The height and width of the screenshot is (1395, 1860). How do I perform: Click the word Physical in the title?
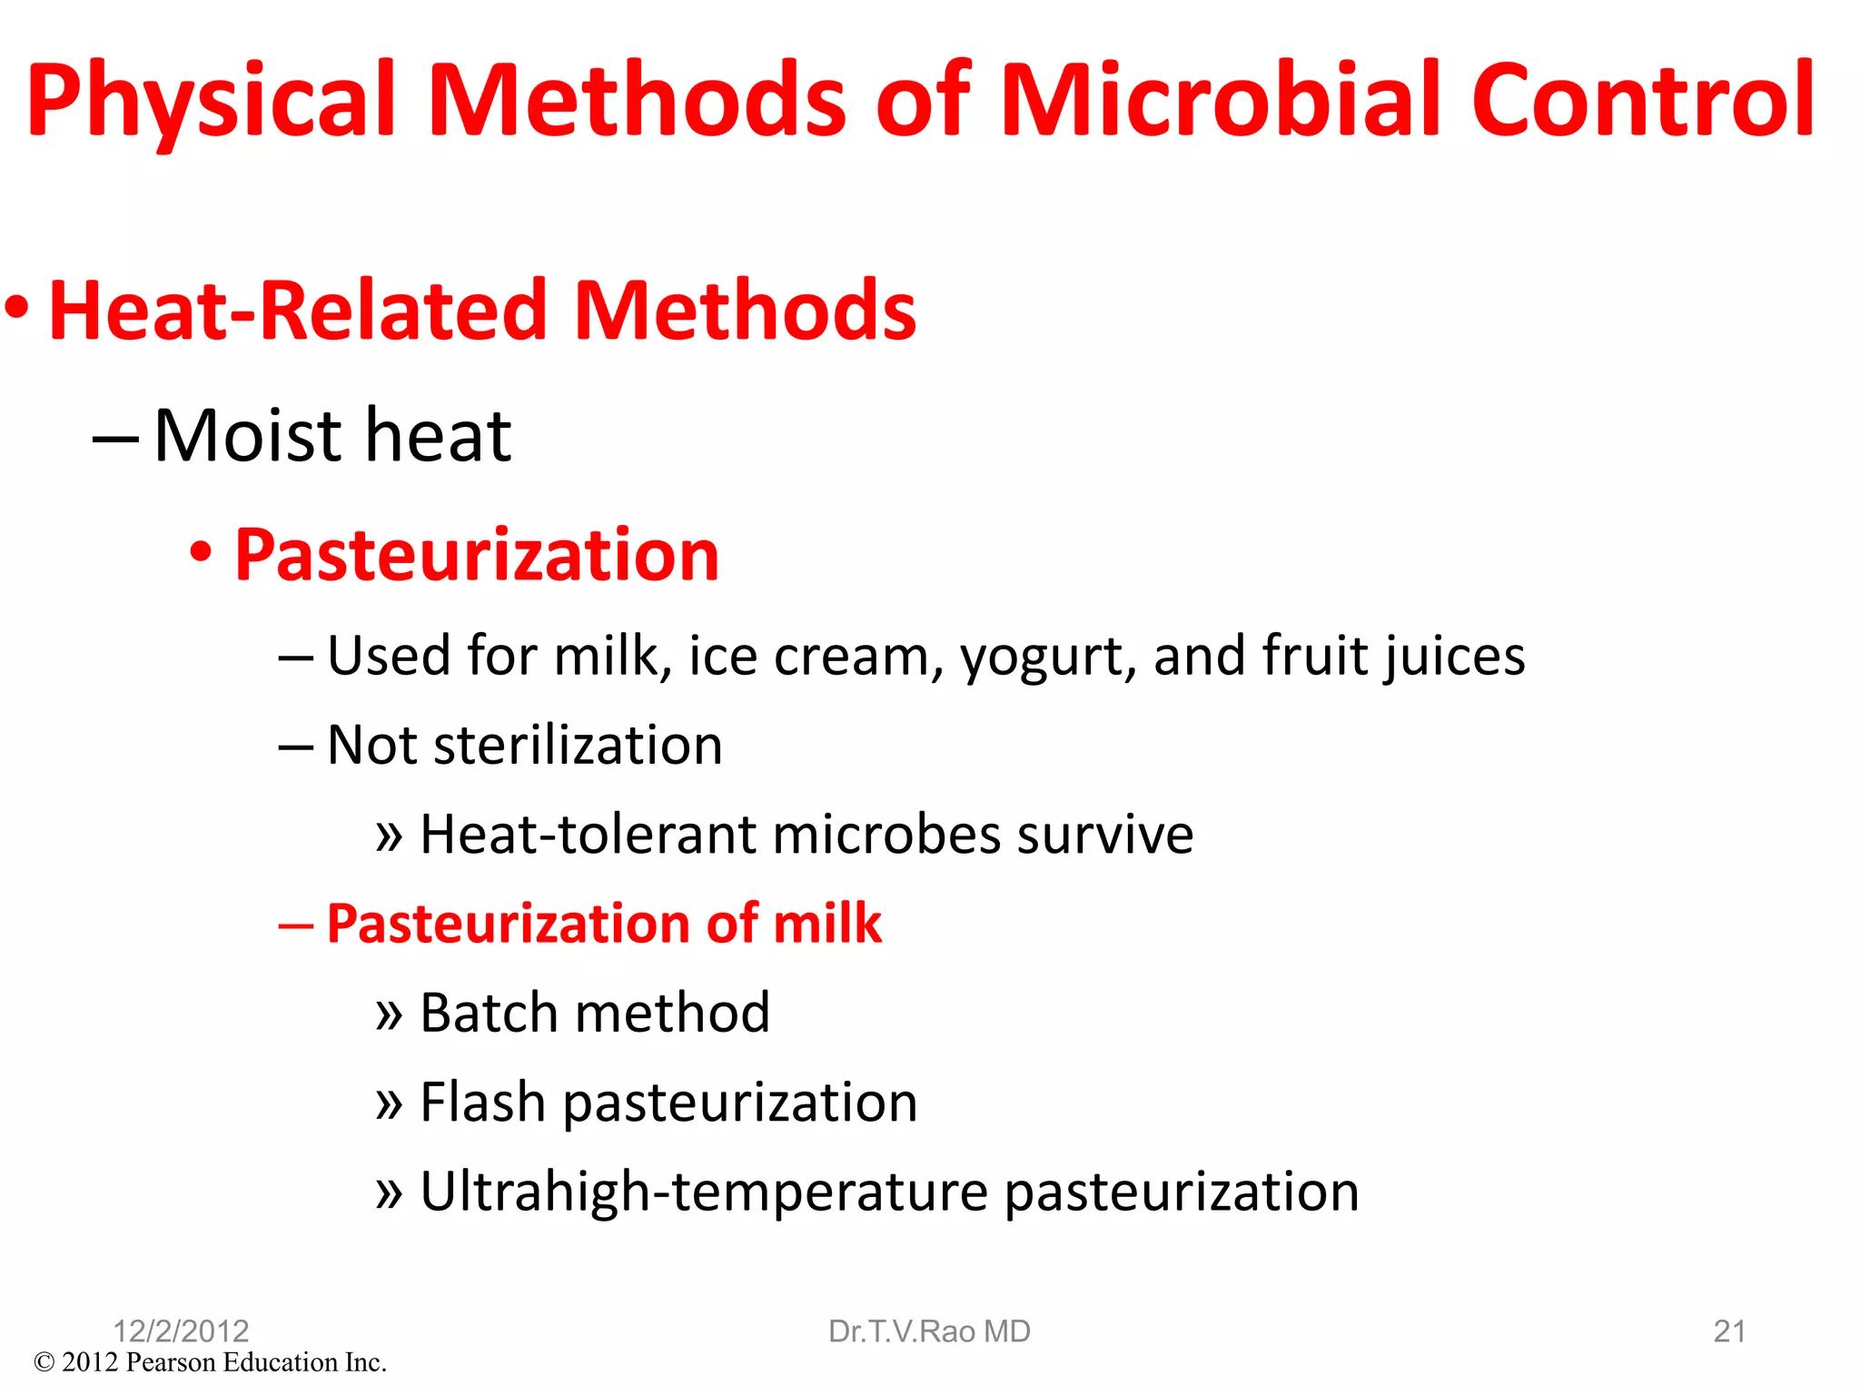pyautogui.click(x=212, y=102)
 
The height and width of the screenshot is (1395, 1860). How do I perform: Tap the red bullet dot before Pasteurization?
pyautogui.click(x=201, y=550)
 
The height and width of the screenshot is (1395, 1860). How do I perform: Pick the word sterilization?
pyautogui.click(x=578, y=746)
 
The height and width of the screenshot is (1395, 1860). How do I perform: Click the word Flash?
pyautogui.click(x=482, y=1102)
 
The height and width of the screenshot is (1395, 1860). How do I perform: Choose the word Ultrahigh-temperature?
pyautogui.click(x=704, y=1192)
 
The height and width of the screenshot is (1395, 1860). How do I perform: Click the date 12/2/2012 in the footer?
pyautogui.click(x=181, y=1331)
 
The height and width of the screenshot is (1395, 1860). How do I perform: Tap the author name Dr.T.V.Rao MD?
pyautogui.click(x=929, y=1331)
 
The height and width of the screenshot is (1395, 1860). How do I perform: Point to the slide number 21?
pyautogui.click(x=1729, y=1331)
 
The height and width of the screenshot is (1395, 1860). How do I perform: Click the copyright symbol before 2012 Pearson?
pyautogui.click(x=44, y=1362)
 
